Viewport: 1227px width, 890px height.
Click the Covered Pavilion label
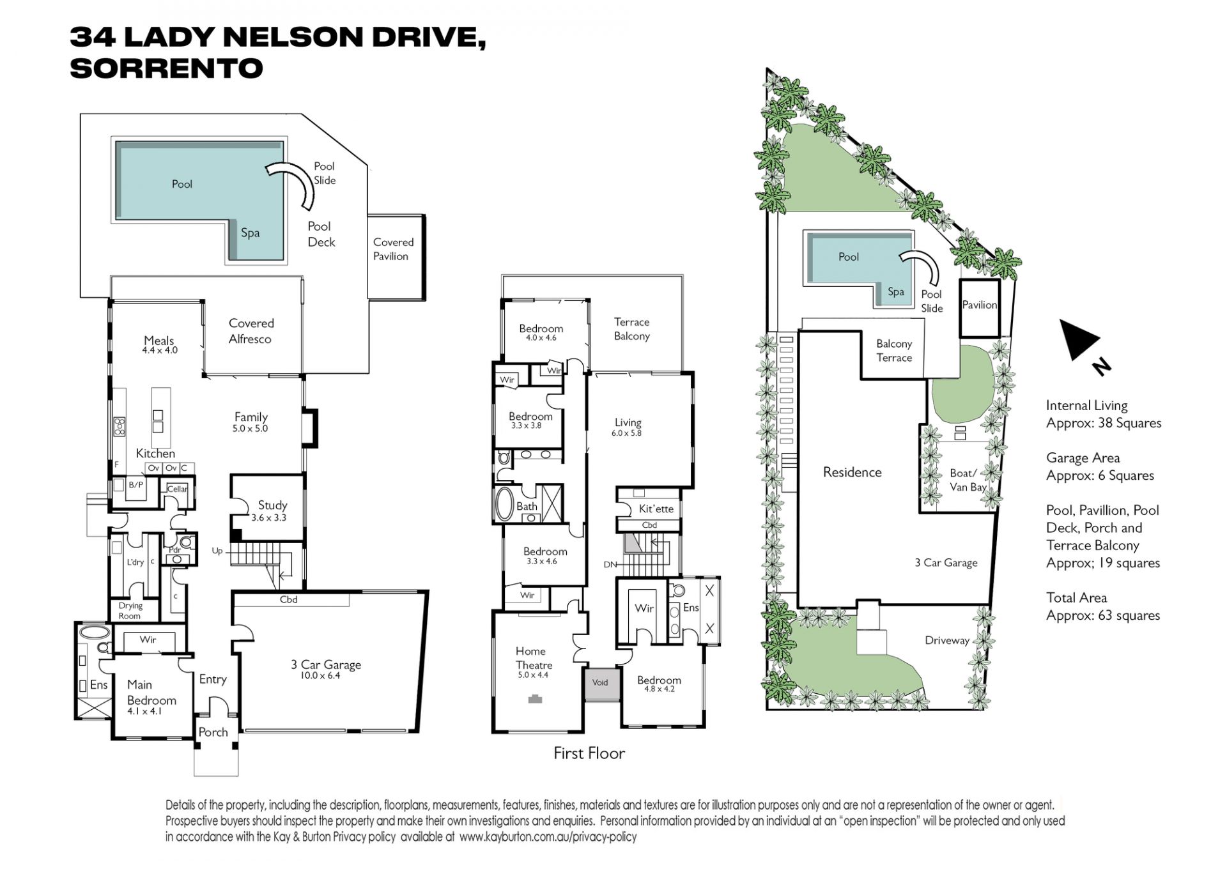click(x=393, y=249)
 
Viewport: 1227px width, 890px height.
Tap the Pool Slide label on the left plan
click(x=325, y=173)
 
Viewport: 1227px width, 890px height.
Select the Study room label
click(x=272, y=505)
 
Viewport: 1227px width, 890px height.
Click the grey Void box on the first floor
click(x=599, y=684)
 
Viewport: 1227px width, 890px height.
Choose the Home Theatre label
click(x=534, y=658)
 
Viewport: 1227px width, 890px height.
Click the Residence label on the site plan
click(x=852, y=472)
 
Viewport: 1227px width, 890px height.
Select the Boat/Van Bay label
click(x=968, y=480)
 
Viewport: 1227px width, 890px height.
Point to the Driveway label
click(x=947, y=640)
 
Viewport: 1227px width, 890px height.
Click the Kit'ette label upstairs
click(x=656, y=509)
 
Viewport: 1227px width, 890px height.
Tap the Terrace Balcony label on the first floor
click(x=631, y=329)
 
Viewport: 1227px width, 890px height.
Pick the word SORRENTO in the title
click(x=166, y=68)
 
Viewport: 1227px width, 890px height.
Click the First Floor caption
click(x=589, y=753)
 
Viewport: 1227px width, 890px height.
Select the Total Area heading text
click(x=1076, y=597)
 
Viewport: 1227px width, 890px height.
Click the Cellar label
click(x=177, y=489)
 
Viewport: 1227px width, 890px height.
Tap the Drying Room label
click(x=130, y=611)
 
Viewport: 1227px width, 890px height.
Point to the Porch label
click(x=213, y=732)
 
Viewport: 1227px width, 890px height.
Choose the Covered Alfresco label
click(x=251, y=331)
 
